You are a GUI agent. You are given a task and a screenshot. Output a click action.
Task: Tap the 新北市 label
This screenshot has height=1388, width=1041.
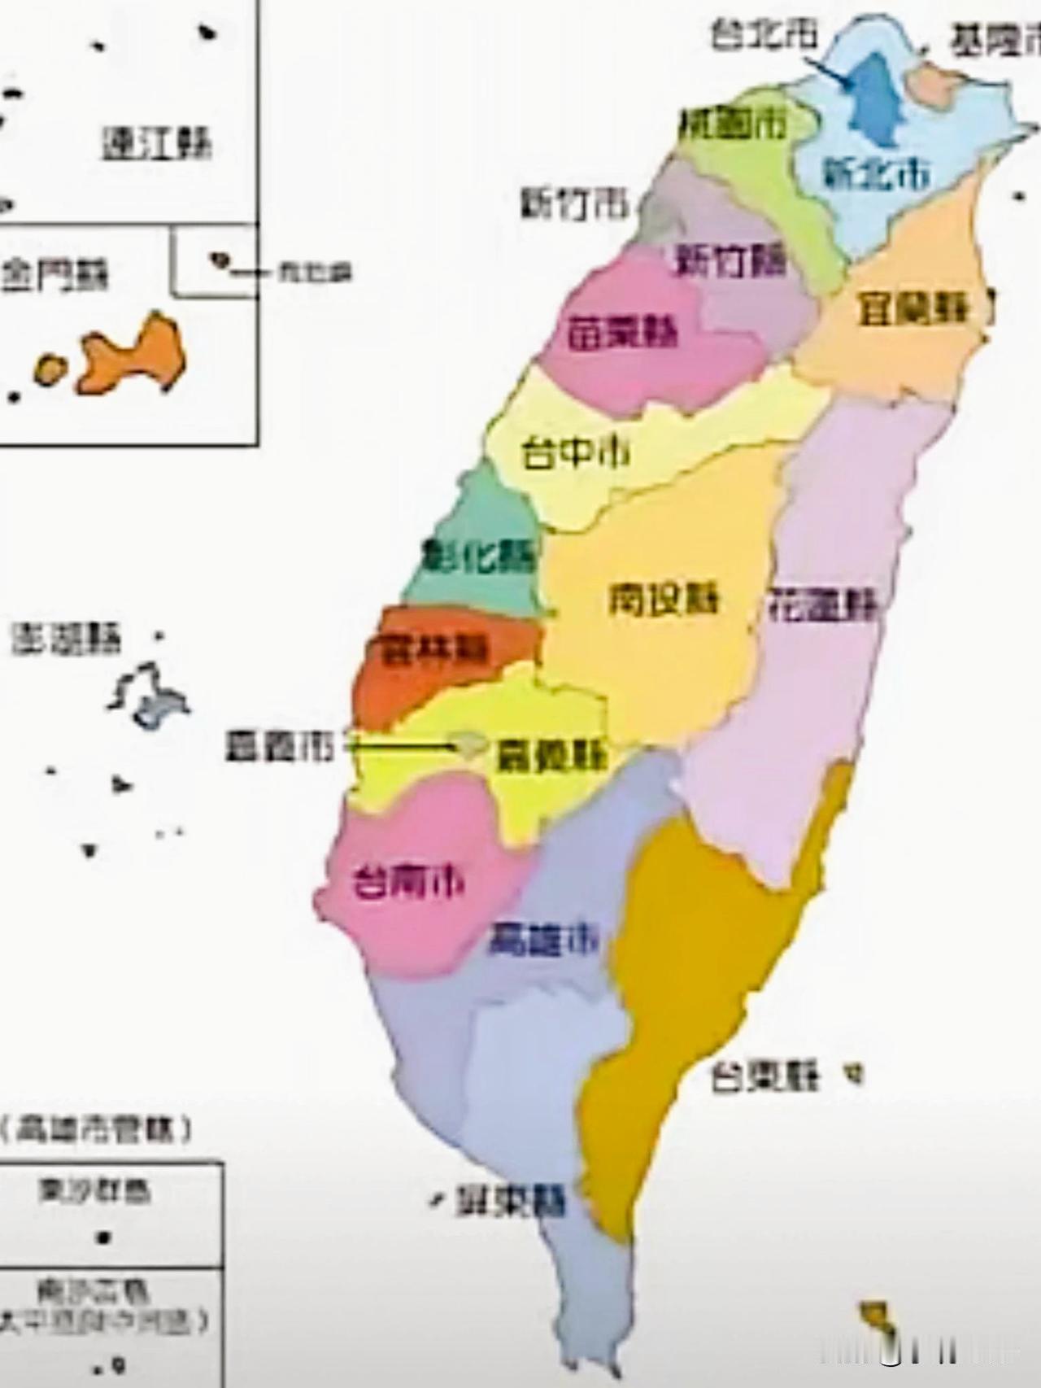click(x=876, y=172)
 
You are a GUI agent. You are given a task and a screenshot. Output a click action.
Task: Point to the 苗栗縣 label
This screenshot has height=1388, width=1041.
click(x=622, y=332)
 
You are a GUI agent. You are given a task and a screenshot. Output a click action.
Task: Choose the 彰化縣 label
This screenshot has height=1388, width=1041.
click(x=481, y=557)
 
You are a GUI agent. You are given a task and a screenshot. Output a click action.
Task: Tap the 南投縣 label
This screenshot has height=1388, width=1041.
click(x=664, y=600)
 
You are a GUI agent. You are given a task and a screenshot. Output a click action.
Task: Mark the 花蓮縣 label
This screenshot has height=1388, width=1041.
click(x=823, y=604)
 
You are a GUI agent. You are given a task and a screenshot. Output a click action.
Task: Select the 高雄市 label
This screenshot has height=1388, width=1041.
click(x=542, y=940)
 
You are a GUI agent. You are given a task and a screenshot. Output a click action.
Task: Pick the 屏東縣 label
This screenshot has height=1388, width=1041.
click(x=510, y=1201)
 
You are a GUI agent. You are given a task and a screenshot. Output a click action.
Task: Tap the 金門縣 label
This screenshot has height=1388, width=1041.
click(x=54, y=275)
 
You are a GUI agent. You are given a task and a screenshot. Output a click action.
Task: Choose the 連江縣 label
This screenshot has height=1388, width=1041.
click(x=156, y=144)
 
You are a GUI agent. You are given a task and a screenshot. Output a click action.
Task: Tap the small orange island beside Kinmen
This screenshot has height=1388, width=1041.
click(x=50, y=369)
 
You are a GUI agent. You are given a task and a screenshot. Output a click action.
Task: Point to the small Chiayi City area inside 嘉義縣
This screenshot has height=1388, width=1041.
click(x=470, y=744)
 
